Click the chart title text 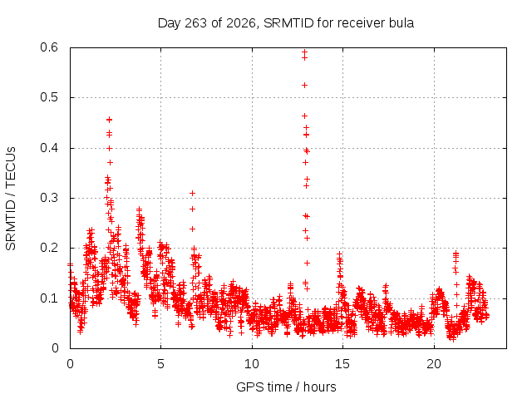pyautogui.click(x=286, y=23)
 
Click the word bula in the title pyautogui.click(x=402, y=23)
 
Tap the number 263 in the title pyautogui.click(x=195, y=23)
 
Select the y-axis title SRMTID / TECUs pyautogui.click(x=11, y=199)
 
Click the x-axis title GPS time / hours pyautogui.click(x=286, y=387)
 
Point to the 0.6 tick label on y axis pyautogui.click(x=49, y=47)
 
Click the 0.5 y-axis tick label pyautogui.click(x=49, y=97)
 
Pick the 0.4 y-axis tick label pyautogui.click(x=49, y=148)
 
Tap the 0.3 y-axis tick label pyautogui.click(x=49, y=198)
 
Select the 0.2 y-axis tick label pyautogui.click(x=49, y=248)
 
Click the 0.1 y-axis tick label pyautogui.click(x=49, y=298)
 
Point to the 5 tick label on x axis pyautogui.click(x=160, y=364)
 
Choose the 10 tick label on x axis pyautogui.click(x=251, y=364)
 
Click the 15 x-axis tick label pyautogui.click(x=342, y=364)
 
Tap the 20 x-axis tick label pyautogui.click(x=434, y=364)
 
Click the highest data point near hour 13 pyautogui.click(x=305, y=52)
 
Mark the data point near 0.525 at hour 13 pyautogui.click(x=305, y=85)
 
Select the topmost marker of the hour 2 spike pyautogui.click(x=109, y=120)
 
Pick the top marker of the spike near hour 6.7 pyautogui.click(x=192, y=194)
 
